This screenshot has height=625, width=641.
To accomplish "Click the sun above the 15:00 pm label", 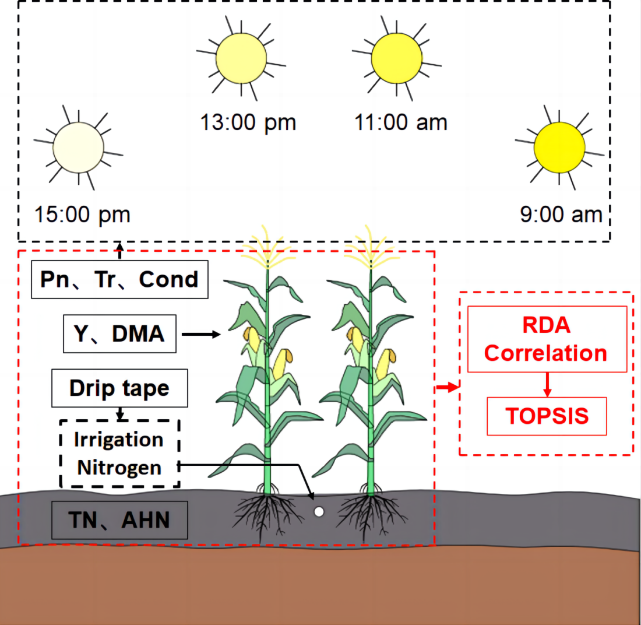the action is [x=78, y=148].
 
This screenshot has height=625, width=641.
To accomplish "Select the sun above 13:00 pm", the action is [x=241, y=58].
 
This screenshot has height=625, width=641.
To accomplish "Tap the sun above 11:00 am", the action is [x=396, y=58].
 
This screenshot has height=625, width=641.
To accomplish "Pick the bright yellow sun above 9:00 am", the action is [x=559, y=148].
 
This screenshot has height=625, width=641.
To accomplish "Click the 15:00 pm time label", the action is [x=82, y=215].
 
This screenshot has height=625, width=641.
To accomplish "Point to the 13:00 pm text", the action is [x=248, y=123].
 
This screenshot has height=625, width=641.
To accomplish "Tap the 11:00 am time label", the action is [x=401, y=123].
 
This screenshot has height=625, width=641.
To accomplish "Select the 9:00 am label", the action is [x=561, y=215].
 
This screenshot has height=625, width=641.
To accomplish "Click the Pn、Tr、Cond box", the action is [x=119, y=279].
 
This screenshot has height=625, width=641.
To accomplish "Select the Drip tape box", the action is [x=119, y=388].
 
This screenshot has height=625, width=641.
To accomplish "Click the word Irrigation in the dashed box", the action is [x=119, y=439].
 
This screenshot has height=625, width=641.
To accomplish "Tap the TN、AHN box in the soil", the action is [x=119, y=520].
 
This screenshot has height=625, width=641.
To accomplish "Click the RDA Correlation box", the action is [x=547, y=339].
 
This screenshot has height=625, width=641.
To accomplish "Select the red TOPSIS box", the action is [x=547, y=416].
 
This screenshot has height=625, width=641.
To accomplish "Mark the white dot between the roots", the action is [x=319, y=512].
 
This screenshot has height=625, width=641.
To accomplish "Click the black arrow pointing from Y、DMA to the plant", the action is [x=201, y=335].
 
